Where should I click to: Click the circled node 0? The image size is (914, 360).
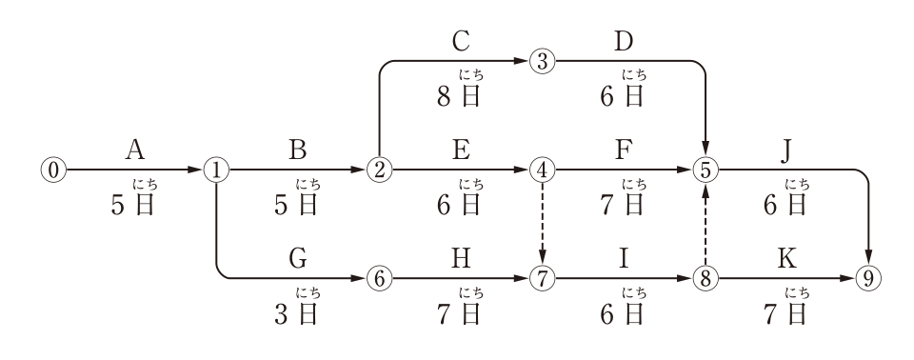(x=53, y=170)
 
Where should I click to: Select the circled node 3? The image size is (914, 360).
(x=542, y=61)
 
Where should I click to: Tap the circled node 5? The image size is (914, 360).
(x=705, y=170)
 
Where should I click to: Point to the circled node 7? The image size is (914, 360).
(x=542, y=279)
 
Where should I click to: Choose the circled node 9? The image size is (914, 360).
(x=868, y=279)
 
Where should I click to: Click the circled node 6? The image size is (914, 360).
(x=380, y=279)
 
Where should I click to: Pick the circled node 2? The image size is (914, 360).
(x=380, y=170)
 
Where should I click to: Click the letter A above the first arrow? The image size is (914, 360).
(x=134, y=150)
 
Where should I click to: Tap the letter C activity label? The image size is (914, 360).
(x=461, y=41)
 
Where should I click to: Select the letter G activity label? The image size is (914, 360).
(x=298, y=258)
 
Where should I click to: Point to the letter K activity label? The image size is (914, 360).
(x=787, y=258)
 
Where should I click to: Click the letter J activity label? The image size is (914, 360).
(x=787, y=150)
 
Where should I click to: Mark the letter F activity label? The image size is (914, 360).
(x=624, y=150)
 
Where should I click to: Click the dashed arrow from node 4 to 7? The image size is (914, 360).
(x=542, y=225)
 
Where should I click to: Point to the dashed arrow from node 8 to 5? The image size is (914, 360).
(x=705, y=225)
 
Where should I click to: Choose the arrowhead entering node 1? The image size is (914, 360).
(x=196, y=170)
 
